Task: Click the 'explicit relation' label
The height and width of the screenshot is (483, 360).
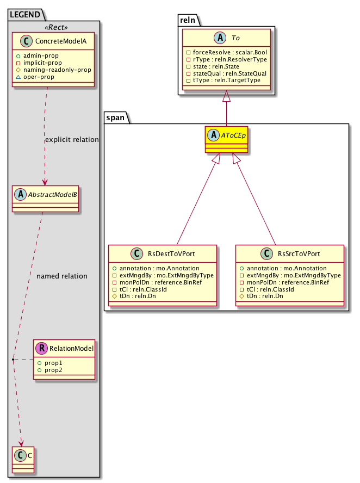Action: [72, 140]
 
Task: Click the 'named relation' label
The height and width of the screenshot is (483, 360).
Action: [62, 276]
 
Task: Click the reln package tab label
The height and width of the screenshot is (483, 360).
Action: [188, 20]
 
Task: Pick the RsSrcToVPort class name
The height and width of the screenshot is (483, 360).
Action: [299, 253]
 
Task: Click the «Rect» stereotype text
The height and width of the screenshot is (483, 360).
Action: [53, 27]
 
